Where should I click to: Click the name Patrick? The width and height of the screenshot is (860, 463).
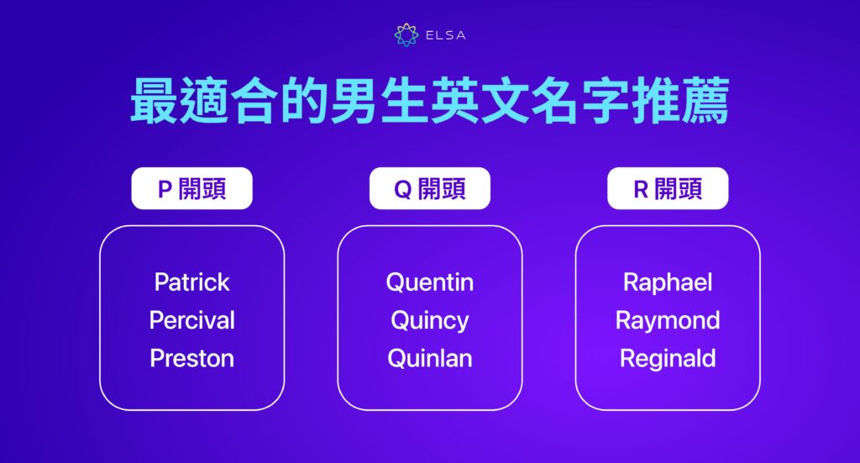(191, 282)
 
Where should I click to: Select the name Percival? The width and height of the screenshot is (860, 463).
(191, 320)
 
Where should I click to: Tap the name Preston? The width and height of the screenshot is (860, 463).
(191, 359)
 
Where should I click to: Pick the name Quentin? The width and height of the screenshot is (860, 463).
(429, 282)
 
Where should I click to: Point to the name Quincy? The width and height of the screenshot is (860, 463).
(429, 321)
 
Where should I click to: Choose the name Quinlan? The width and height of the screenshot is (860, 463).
(429, 359)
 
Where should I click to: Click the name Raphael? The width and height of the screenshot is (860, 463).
(668, 282)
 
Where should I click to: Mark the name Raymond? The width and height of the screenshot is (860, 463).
(668, 320)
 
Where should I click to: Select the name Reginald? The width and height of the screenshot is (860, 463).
(668, 359)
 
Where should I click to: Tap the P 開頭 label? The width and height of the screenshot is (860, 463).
(191, 189)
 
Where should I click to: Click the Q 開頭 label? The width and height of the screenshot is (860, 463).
(429, 189)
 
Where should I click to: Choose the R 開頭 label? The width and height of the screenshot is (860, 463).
(668, 189)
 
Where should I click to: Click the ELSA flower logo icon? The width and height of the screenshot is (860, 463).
(406, 35)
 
